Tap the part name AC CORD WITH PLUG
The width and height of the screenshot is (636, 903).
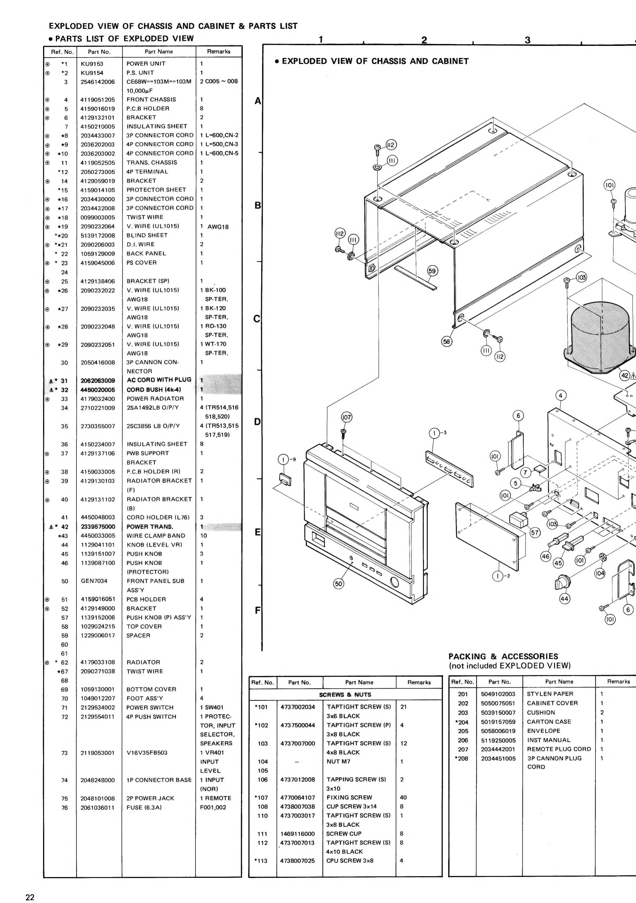click(x=159, y=380)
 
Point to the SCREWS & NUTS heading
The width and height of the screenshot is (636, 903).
click(x=345, y=695)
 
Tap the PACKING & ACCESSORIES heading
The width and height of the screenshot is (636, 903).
click(x=503, y=656)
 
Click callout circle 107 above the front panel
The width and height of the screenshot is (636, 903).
click(x=346, y=417)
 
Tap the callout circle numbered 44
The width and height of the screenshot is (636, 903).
click(x=565, y=599)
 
